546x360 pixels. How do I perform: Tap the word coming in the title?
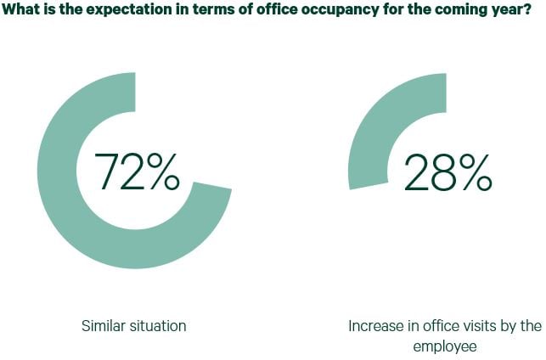445,12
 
